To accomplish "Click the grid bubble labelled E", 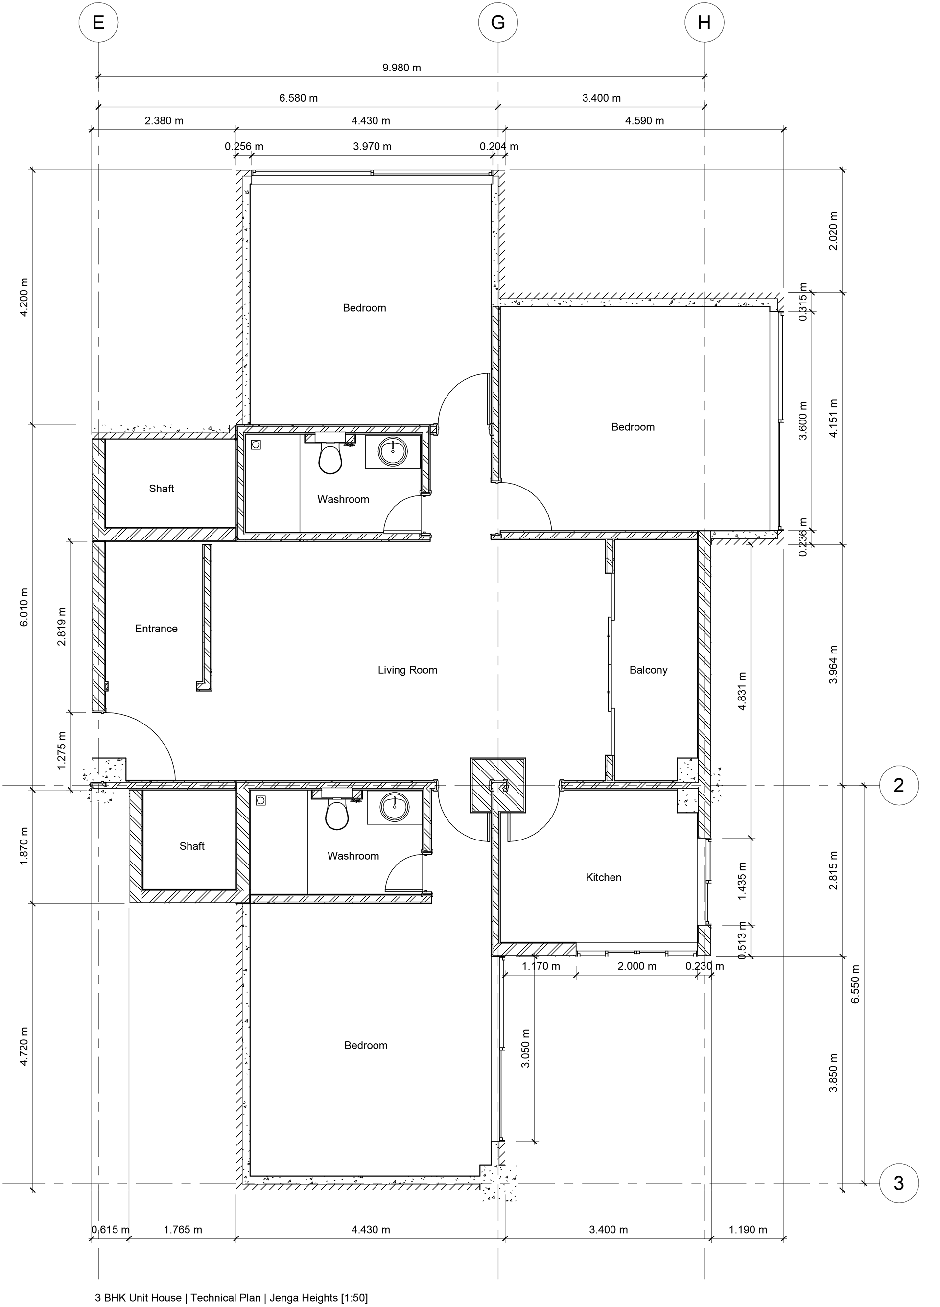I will pos(98,23).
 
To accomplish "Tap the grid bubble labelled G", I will pos(498,23).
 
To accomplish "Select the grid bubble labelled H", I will pos(704,23).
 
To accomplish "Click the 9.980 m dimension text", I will pos(402,68).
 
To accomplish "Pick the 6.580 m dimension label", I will pos(299,98).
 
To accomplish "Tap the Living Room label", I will pos(407,670).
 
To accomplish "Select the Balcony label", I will pos(648,670).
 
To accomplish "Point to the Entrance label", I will pos(156,628).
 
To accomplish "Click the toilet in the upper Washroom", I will pos(330,458).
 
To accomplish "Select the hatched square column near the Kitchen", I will pos(498,785).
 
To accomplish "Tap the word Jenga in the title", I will pos(280,1298).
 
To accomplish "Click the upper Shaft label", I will pos(162,489).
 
